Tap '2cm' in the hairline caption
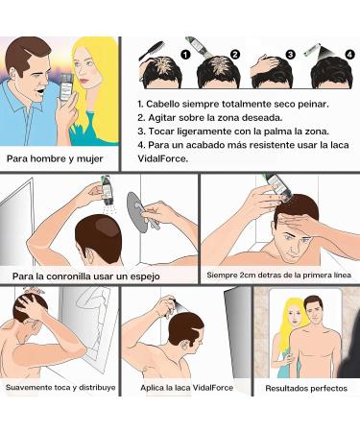[252, 276]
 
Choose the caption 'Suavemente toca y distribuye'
[60, 388]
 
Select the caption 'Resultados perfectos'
[304, 389]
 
